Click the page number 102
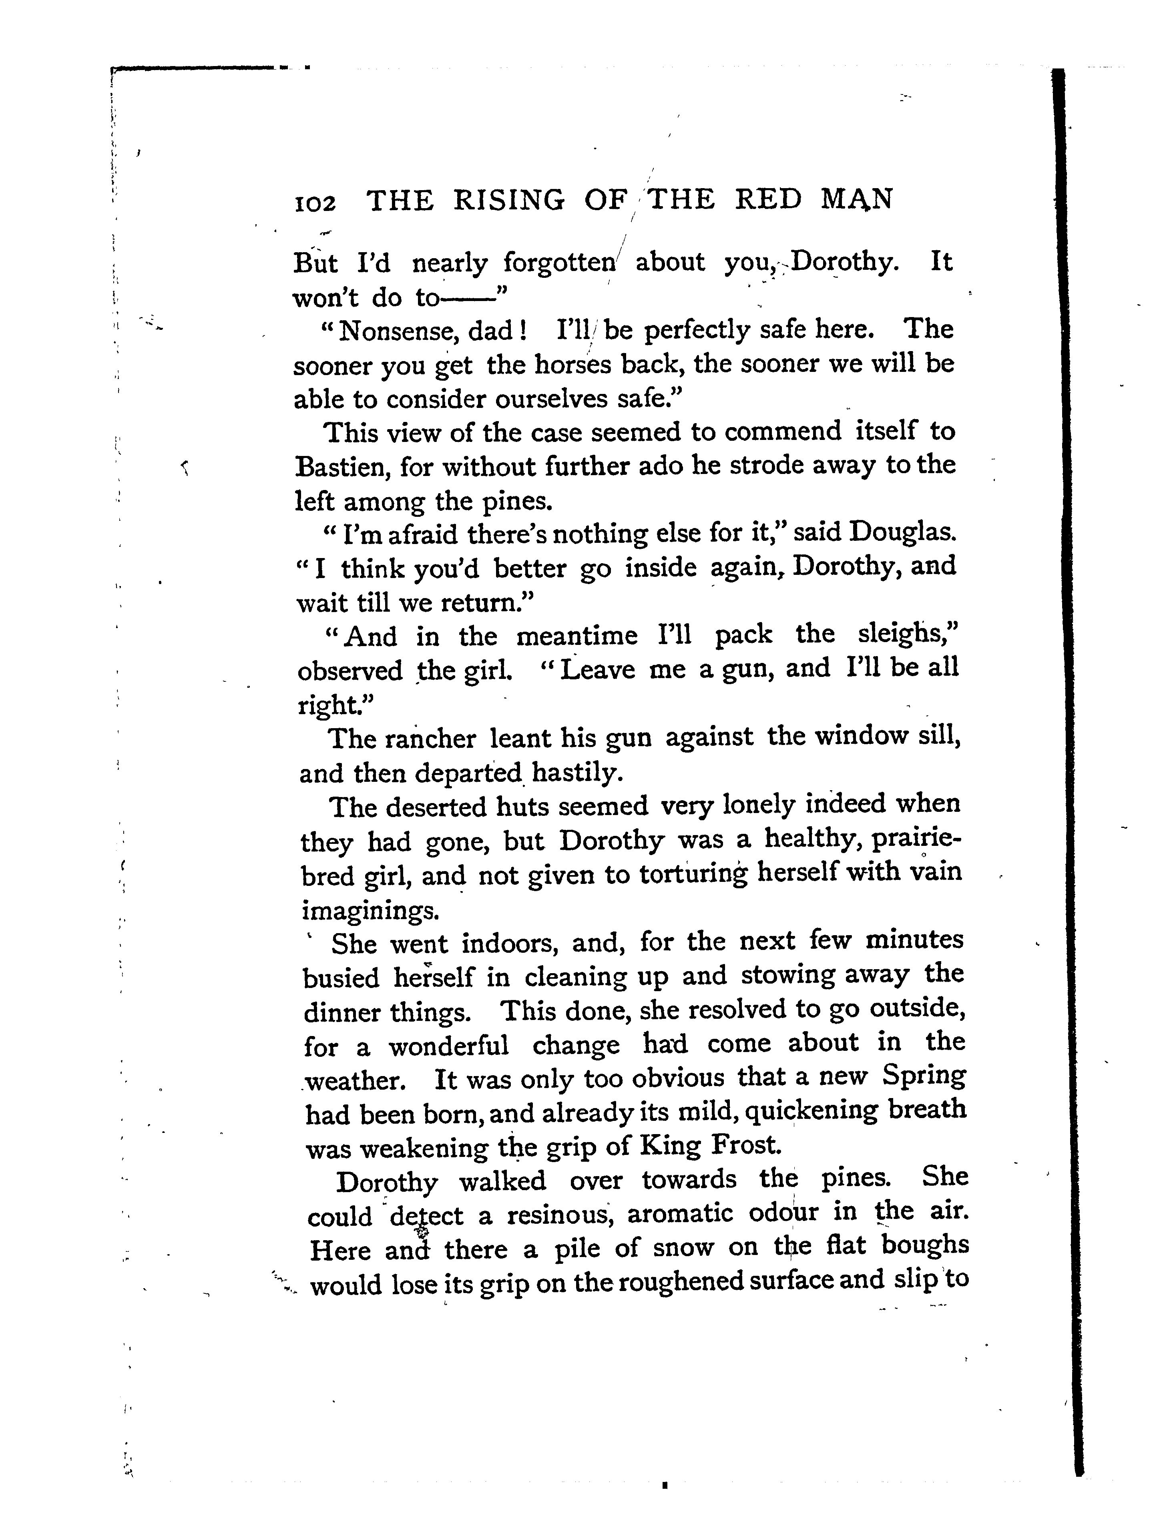click(315, 202)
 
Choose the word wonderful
click(449, 1046)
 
